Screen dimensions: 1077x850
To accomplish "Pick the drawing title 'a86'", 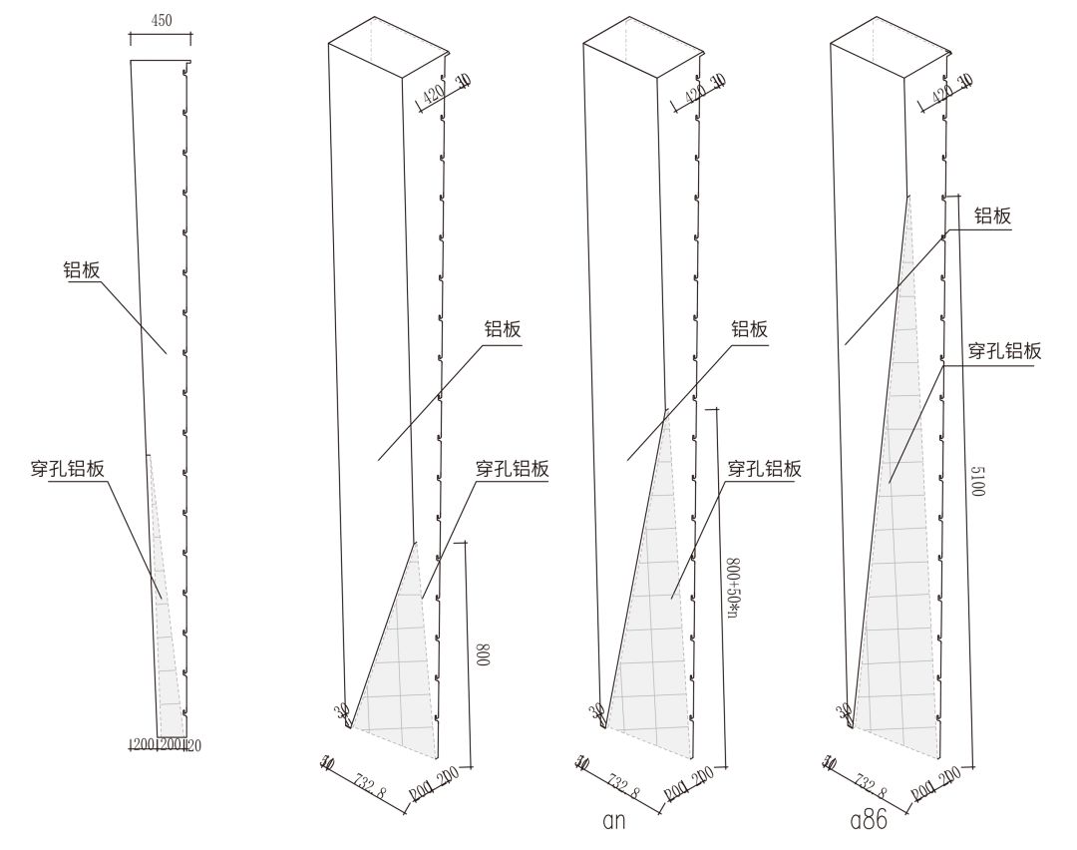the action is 869,822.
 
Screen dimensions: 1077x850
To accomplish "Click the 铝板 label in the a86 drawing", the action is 992,216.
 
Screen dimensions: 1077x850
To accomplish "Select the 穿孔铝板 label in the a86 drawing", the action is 1005,350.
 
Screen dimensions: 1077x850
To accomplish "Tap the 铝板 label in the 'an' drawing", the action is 750,329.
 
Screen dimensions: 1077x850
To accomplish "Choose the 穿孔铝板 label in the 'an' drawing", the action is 764,468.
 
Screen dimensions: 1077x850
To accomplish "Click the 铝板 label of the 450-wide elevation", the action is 85,268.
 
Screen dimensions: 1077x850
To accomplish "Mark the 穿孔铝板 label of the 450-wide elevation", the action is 69,469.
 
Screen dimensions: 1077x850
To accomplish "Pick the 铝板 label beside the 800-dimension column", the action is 504,330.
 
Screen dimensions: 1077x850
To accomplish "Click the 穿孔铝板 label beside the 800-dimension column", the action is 512,468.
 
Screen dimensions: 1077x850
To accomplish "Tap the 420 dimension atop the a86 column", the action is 939,94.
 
